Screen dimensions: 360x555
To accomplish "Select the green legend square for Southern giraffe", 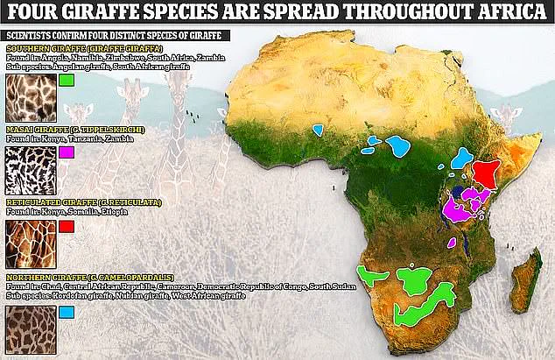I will (x=67, y=81).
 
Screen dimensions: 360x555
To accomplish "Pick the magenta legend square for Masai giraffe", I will (x=67, y=152).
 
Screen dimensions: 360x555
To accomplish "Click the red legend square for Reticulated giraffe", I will (x=67, y=226).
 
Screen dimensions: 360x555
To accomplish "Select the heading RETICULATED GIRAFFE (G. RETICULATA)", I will (x=74, y=202).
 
